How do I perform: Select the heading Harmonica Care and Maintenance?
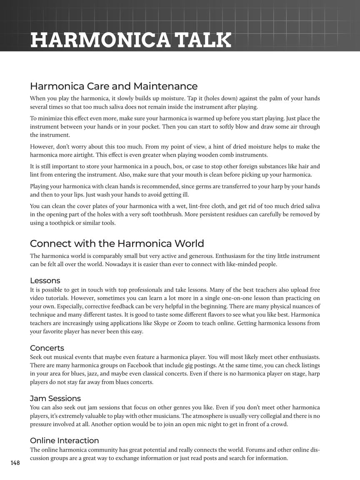click(113, 86)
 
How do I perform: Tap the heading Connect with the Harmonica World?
click(117, 243)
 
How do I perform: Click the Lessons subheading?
click(45, 280)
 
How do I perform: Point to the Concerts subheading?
click(47, 348)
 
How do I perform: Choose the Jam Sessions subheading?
click(55, 398)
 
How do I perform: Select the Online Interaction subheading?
click(64, 440)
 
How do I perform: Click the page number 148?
click(15, 463)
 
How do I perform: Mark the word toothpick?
click(79, 223)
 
